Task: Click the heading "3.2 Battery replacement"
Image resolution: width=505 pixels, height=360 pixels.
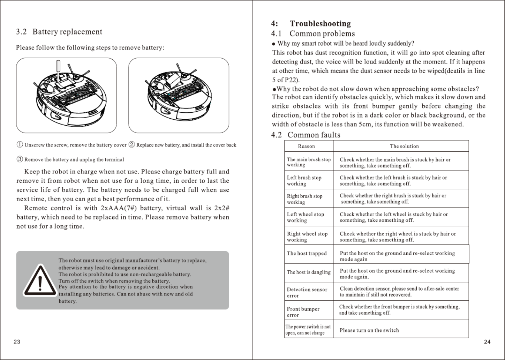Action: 59,32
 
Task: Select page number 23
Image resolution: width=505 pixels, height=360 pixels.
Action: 17,342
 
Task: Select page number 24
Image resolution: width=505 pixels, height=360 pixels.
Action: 487,342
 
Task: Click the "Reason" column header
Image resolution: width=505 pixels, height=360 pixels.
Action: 306,146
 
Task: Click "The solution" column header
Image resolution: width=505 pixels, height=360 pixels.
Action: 404,146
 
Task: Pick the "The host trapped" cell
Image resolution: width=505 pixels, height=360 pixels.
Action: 307,253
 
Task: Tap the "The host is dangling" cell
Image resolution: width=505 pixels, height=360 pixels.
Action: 309,272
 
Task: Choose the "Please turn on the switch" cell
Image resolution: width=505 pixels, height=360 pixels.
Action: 369,330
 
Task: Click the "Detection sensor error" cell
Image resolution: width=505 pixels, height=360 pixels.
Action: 307,292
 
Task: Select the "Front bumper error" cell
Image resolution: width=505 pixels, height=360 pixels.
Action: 303,312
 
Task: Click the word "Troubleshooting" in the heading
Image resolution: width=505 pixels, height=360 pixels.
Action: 320,24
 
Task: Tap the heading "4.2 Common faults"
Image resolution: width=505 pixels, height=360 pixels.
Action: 306,135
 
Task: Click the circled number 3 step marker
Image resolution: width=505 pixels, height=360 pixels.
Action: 20,159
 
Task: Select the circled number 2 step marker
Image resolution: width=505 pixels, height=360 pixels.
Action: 132,145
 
